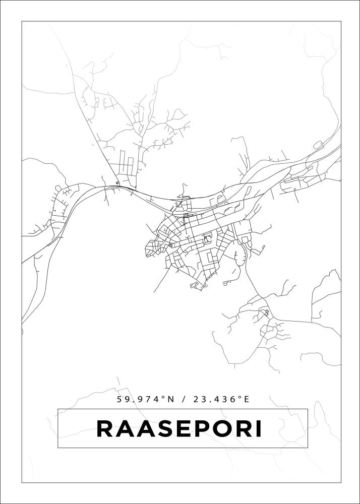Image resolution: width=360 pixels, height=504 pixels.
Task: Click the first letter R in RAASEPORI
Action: (x=104, y=429)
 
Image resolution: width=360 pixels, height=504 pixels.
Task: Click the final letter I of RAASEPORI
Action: (x=259, y=429)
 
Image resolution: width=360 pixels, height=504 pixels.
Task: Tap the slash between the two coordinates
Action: (x=185, y=399)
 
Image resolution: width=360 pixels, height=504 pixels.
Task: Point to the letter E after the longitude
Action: (x=247, y=399)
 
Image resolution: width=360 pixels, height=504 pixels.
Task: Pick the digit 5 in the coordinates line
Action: (x=119, y=399)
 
